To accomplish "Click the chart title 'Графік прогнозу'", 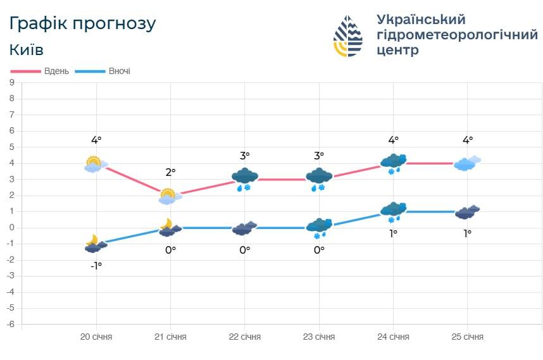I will [x=82, y=23].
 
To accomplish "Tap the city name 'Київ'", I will [x=27, y=49].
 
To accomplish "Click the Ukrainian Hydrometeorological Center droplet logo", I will [x=347, y=36].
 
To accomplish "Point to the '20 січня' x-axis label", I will [x=96, y=337].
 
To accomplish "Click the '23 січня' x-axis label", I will [x=319, y=337].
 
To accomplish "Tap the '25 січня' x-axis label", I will [x=468, y=337].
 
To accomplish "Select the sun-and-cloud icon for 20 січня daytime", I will [x=95, y=164].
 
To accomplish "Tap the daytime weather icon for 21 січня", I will [x=169, y=197].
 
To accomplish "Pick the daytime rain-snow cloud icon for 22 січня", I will [x=245, y=180].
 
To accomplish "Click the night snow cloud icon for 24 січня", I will [x=394, y=212].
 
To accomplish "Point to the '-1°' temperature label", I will [x=96, y=266].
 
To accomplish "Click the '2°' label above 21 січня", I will [x=170, y=171].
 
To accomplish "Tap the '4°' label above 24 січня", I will [x=393, y=140].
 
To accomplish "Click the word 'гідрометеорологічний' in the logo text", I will [x=457, y=35].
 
